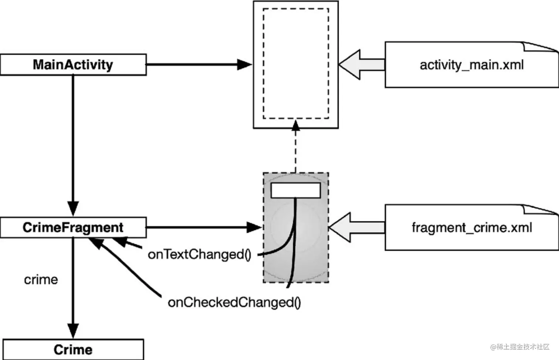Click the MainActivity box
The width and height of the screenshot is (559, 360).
click(73, 65)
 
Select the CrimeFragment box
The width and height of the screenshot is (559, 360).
click(73, 227)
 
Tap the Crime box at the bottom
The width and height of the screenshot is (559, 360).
click(73, 349)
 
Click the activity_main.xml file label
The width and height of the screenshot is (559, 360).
click(471, 65)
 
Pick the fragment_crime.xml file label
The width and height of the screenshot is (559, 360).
click(471, 227)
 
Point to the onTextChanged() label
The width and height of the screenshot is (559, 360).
click(199, 254)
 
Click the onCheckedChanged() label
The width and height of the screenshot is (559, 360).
click(234, 302)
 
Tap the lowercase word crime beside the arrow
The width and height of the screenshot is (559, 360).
click(41, 279)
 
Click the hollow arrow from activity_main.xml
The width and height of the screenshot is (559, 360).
click(360, 65)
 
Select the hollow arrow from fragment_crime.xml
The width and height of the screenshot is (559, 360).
click(355, 227)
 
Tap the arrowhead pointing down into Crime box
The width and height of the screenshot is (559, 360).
click(73, 330)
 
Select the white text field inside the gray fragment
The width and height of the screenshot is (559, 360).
click(295, 190)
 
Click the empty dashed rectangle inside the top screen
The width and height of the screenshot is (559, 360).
click(295, 64)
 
